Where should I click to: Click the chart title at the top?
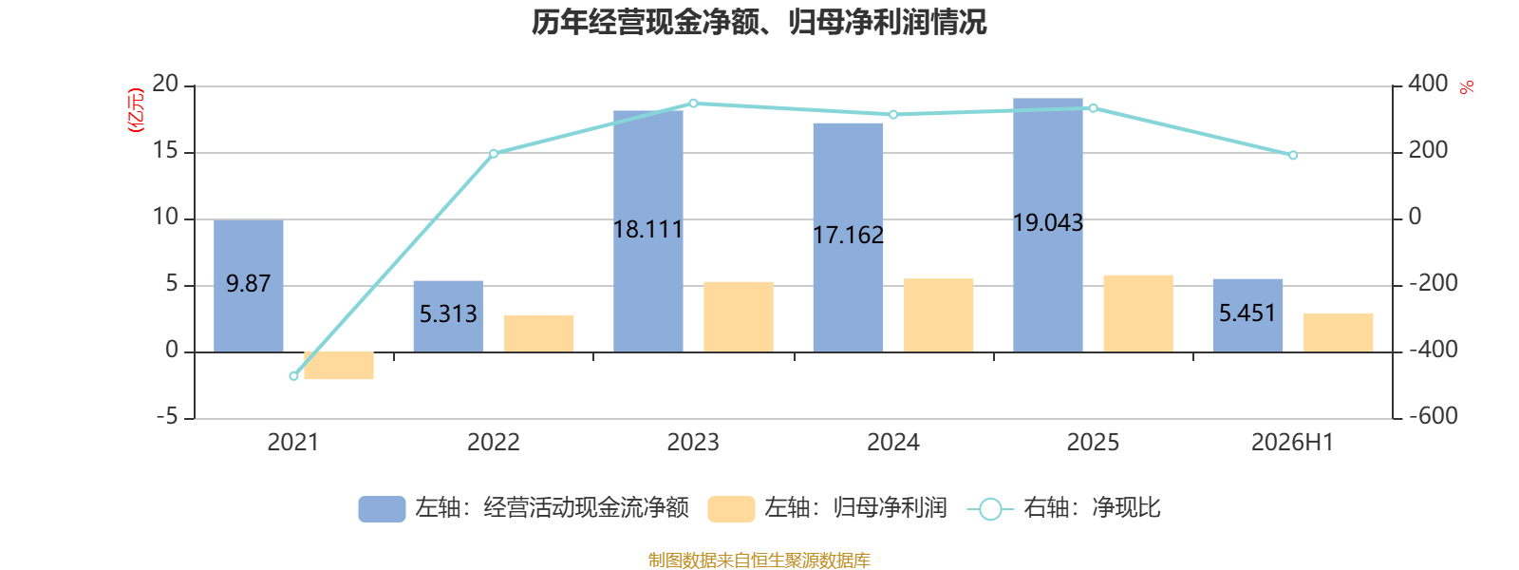[759, 23]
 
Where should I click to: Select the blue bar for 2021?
[248, 286]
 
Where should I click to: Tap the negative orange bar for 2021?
[338, 365]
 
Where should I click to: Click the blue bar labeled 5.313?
[448, 316]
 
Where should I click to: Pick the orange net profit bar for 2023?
[739, 317]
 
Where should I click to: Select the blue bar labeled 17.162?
[849, 237]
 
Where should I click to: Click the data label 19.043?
[1048, 222]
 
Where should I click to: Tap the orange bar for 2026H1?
[1338, 332]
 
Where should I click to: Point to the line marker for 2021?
[293, 376]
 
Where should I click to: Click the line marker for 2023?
[693, 104]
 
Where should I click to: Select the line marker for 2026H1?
[1292, 156]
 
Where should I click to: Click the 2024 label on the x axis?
[893, 443]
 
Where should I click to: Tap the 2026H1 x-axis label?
[1292, 443]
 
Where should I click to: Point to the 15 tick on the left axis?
[165, 151]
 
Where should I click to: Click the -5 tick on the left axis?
[167, 417]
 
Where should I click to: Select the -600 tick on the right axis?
[1433, 416]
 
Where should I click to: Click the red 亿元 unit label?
[137, 110]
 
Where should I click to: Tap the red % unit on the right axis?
[1467, 87]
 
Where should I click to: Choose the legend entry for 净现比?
[1063, 508]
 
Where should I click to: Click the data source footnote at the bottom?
[759, 560]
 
